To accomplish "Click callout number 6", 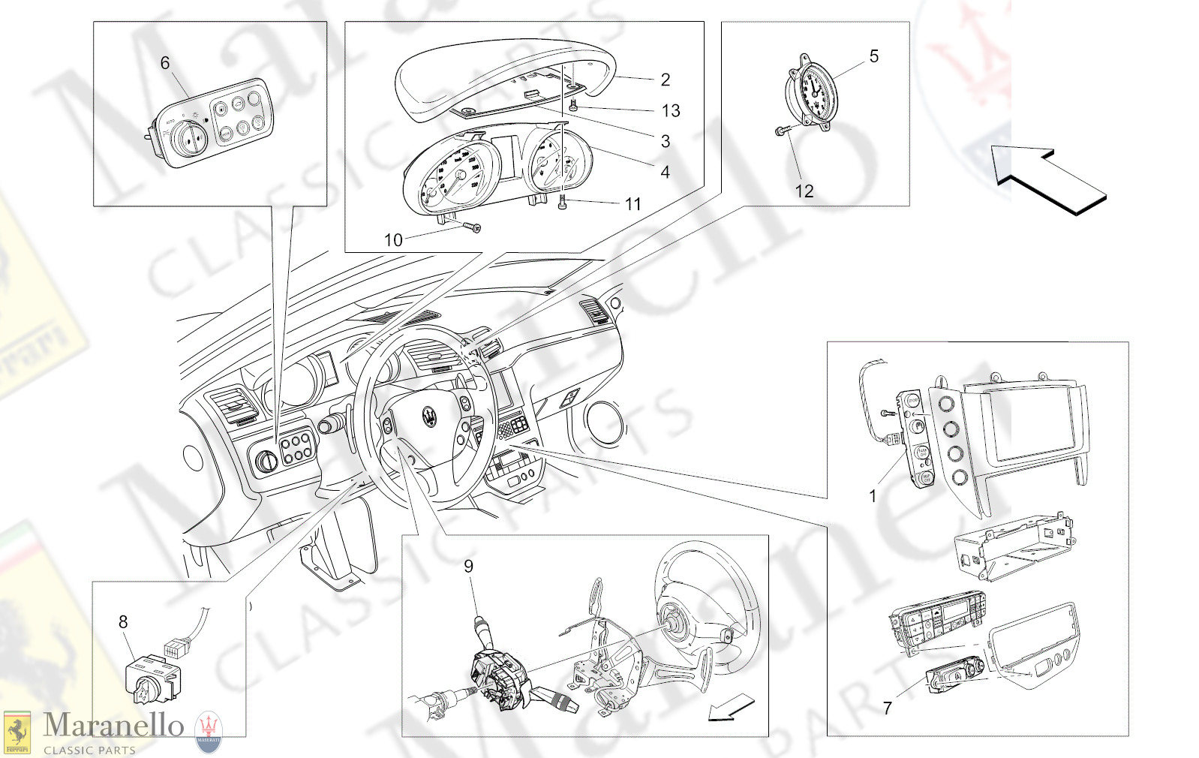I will [165, 63].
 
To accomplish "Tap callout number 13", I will [671, 111].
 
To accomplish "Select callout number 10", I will [393, 240].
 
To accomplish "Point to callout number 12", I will [804, 191].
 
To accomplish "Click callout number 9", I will [468, 567].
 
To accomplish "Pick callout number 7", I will [888, 708].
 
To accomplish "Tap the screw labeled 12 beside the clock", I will [780, 132].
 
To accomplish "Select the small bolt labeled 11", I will [563, 202].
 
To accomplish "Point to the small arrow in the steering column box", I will [731, 709].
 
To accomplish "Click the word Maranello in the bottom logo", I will [113, 725].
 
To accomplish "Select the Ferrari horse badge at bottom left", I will [17, 732].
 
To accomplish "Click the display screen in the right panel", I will [1033, 424].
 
